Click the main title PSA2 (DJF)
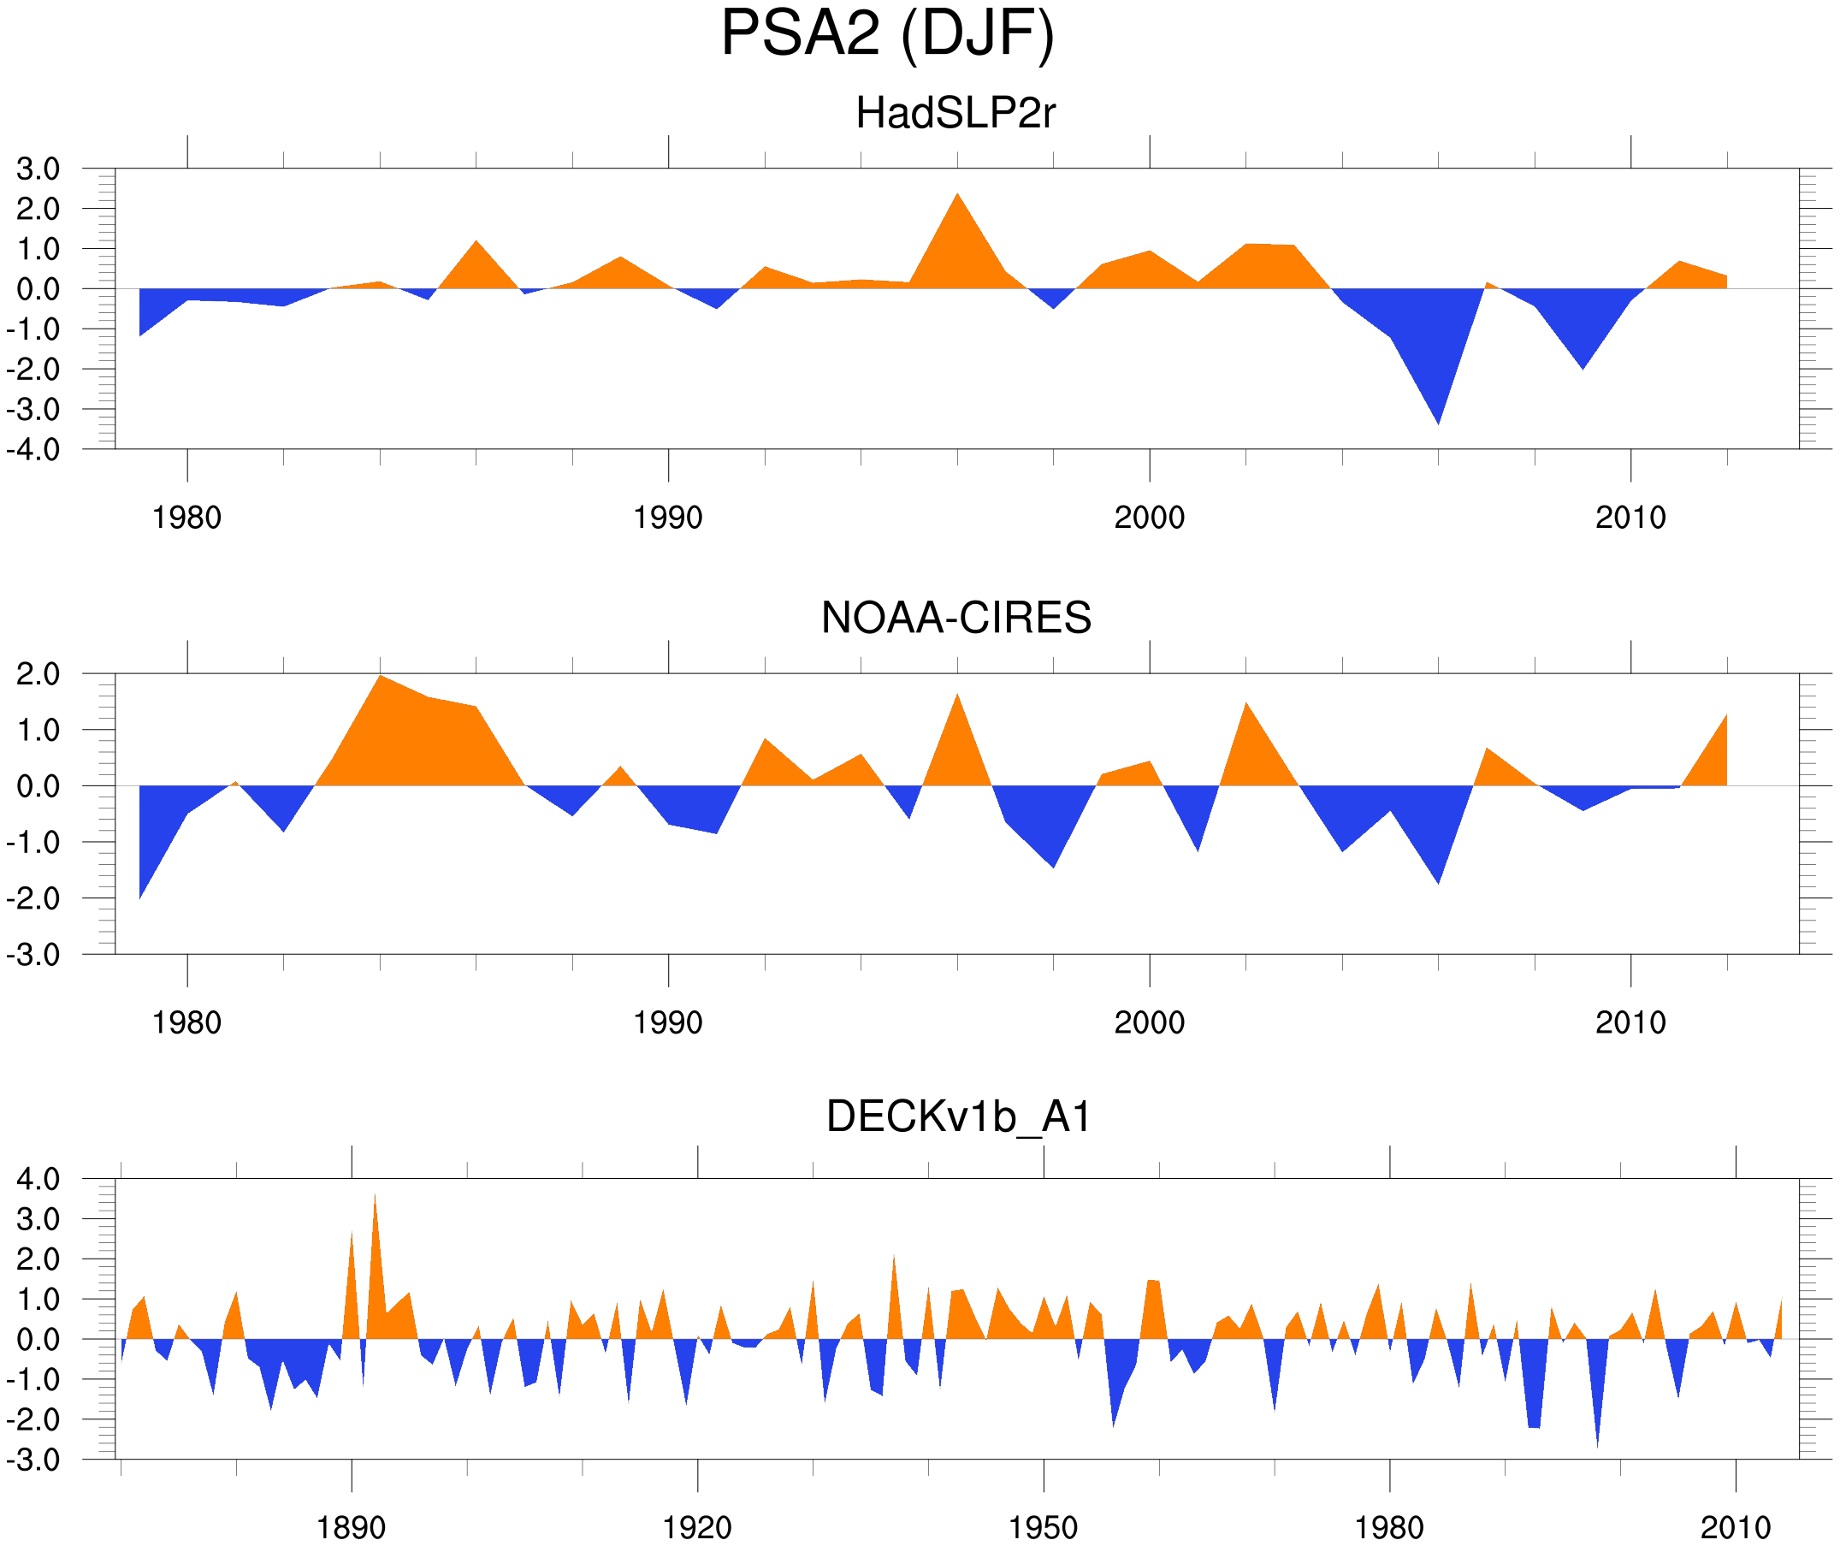(x=887, y=33)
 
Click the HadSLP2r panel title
(x=955, y=113)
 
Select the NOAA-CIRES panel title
(x=955, y=618)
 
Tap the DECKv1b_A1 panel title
(x=959, y=1117)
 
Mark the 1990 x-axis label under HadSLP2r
(x=668, y=518)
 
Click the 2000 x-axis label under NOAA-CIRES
(x=1149, y=1022)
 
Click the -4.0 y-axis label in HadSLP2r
(x=33, y=451)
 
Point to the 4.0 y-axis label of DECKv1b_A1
(x=38, y=1180)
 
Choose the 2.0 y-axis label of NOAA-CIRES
(x=38, y=675)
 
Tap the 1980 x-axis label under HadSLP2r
(x=186, y=518)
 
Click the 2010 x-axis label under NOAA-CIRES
(x=1630, y=1022)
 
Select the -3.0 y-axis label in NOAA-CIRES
(x=33, y=956)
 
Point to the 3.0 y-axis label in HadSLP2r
(x=38, y=169)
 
